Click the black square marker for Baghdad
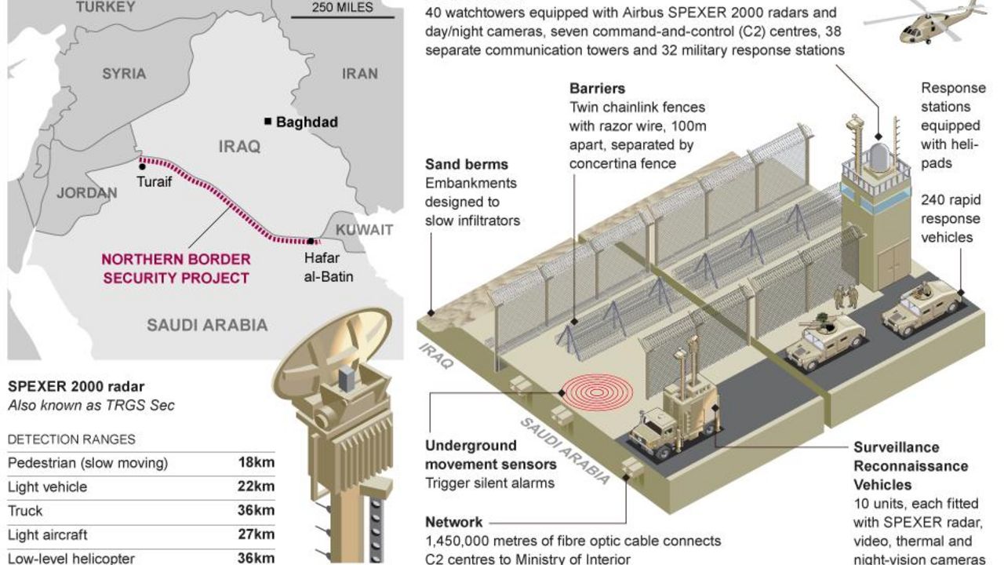tap(268, 121)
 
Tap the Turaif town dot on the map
tap(142, 167)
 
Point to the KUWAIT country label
tap(365, 230)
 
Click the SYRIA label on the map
tap(124, 74)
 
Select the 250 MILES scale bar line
tap(343, 17)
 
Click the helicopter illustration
tap(925, 23)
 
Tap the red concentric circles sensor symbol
tap(598, 393)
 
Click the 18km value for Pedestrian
tap(256, 462)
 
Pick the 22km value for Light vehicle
tap(256, 487)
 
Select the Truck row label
tap(25, 511)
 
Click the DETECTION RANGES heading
tap(71, 439)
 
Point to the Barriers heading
tap(597, 89)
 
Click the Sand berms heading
tap(467, 165)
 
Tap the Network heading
tap(453, 523)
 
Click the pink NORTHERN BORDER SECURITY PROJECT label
tap(176, 268)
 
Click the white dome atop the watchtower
tap(878, 158)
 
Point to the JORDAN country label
tap(87, 193)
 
